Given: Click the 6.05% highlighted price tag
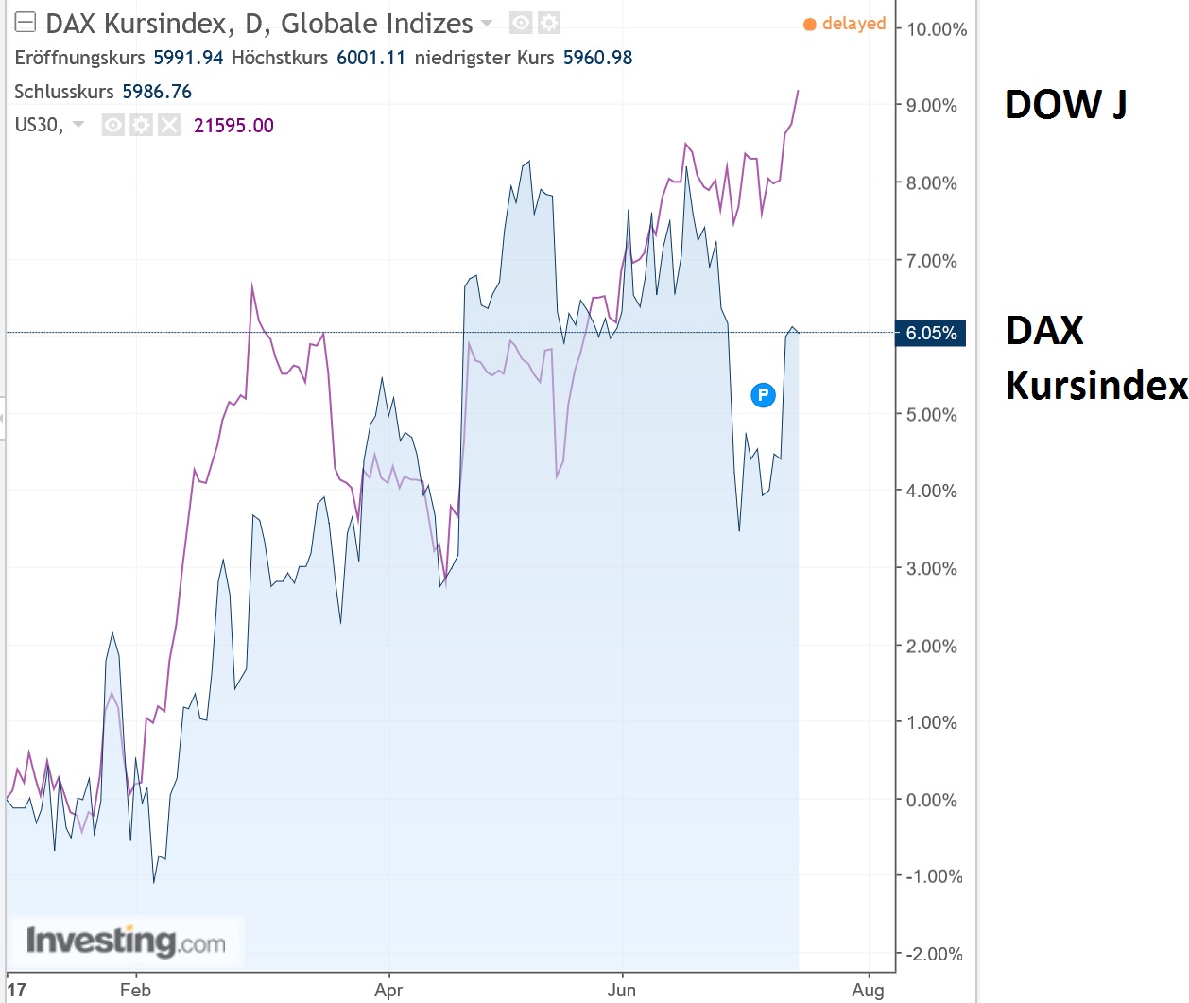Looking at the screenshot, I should pos(930,333).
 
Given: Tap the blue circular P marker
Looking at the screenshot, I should pos(763,395).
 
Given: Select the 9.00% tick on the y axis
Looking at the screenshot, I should pos(931,106).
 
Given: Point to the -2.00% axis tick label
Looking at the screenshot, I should pos(933,954).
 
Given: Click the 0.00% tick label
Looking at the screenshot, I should pos(931,800).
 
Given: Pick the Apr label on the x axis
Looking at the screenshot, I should pos(388,990).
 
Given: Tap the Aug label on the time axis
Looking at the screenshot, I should pos(868,990).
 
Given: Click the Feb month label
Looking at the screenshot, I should pos(135,990).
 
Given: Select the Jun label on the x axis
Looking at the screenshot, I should pos(621,990).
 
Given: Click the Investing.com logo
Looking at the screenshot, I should pos(126,941).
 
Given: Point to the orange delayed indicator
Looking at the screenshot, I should pos(845,24).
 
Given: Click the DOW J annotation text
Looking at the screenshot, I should pos(1065,105).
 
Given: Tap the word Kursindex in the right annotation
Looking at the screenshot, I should pos(1095,385).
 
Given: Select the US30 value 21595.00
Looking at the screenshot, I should pos(233,126).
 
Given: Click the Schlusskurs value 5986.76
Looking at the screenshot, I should pos(157,92).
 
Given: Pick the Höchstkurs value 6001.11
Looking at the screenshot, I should pos(370,58).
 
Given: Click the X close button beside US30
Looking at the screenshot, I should pos(169,125).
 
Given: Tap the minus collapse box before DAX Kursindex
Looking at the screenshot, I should pos(26,23).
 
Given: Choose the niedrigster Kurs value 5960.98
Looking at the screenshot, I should pos(597,58).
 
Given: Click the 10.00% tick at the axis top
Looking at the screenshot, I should pos(936,29).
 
